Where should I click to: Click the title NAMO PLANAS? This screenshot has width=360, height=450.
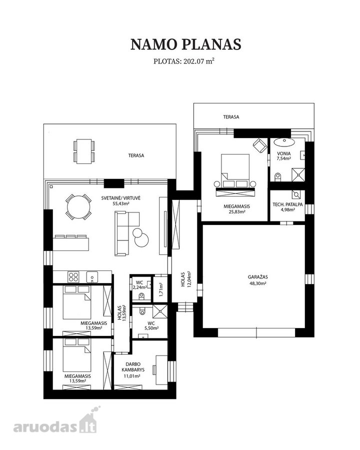185,44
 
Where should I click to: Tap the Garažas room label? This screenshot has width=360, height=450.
258,280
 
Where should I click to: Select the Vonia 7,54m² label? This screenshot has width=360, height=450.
284,156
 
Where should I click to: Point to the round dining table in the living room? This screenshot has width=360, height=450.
78,207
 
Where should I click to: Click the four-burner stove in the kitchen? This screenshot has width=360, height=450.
73,277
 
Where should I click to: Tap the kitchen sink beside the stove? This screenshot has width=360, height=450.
92,277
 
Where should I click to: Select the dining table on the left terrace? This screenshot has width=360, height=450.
84,151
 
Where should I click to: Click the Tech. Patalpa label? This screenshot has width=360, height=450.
288,207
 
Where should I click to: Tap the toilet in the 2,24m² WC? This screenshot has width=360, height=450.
141,296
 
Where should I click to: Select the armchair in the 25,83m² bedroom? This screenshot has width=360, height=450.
260,145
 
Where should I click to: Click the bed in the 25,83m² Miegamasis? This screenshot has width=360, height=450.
235,172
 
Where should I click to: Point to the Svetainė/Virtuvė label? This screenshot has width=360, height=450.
121,200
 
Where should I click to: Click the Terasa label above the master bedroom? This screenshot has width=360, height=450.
231,117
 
